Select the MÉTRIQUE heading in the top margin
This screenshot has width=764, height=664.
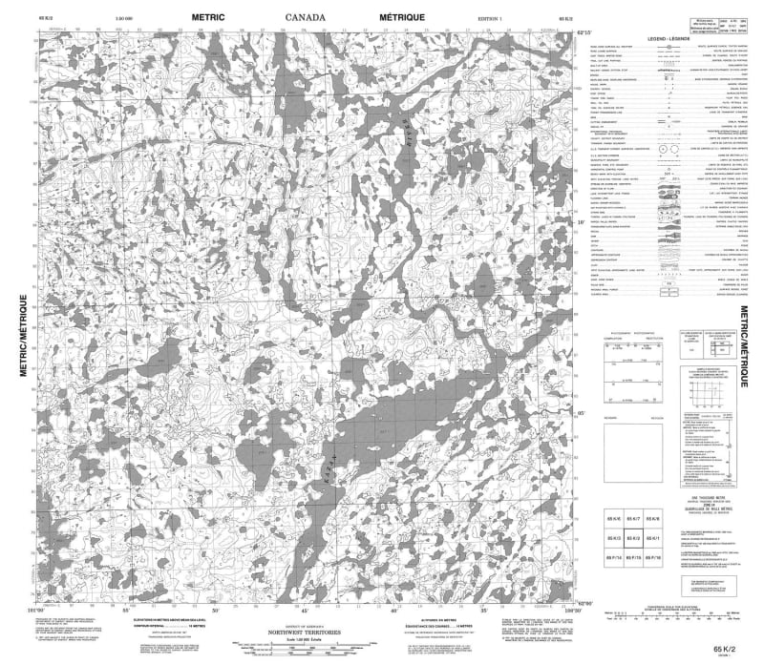pos(400,17)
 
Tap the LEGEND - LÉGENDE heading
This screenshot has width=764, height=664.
pos(665,37)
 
